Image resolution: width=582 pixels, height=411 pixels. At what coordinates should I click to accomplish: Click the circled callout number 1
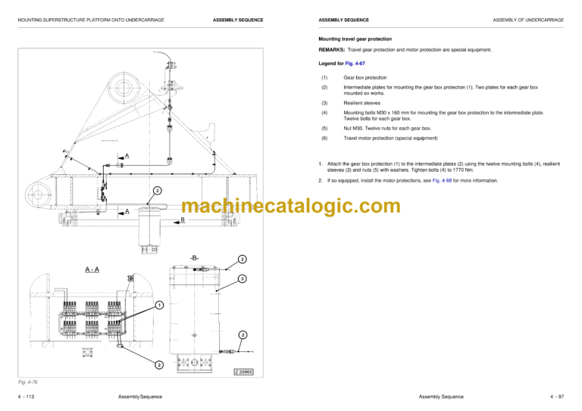click(x=159, y=305)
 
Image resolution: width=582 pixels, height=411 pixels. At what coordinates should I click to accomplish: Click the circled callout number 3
click(x=242, y=279)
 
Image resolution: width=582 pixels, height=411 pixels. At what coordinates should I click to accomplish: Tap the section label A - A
click(x=92, y=269)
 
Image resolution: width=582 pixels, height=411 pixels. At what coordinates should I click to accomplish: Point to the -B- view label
click(x=195, y=258)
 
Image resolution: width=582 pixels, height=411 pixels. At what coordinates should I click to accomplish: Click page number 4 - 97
click(x=555, y=397)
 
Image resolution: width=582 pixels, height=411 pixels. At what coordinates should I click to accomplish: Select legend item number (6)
click(x=324, y=138)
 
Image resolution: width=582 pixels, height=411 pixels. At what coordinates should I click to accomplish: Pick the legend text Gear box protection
click(x=365, y=77)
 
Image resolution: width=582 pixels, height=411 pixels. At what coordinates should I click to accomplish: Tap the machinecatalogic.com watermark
click(x=291, y=206)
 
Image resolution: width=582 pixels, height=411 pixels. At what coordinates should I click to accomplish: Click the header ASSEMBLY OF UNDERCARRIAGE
click(x=527, y=20)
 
